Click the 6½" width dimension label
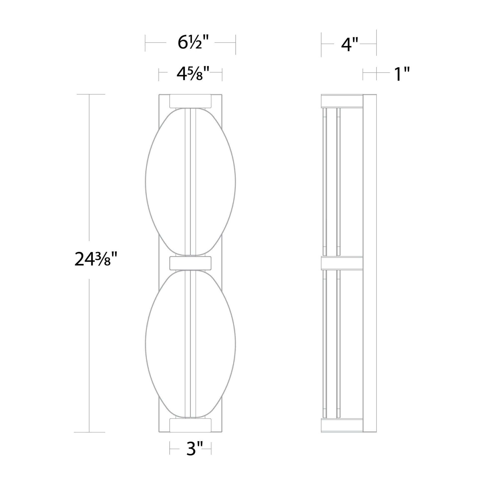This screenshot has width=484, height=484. [x=193, y=42]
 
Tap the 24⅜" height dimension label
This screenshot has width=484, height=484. [x=96, y=260]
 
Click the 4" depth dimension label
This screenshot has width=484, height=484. [x=349, y=45]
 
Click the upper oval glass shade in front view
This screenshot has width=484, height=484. [x=191, y=182]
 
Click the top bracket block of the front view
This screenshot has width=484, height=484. [x=191, y=101]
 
